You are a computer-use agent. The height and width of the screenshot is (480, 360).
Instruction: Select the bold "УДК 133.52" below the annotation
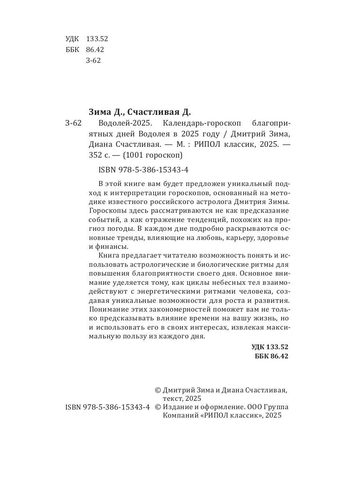point(270,347)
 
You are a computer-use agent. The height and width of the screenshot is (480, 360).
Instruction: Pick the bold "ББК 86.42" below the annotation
point(271,356)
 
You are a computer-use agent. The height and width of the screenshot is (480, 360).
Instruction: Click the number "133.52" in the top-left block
point(97,39)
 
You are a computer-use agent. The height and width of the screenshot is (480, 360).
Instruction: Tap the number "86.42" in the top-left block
point(95,50)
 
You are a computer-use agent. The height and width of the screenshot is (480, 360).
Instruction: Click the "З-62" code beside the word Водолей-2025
point(73,123)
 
